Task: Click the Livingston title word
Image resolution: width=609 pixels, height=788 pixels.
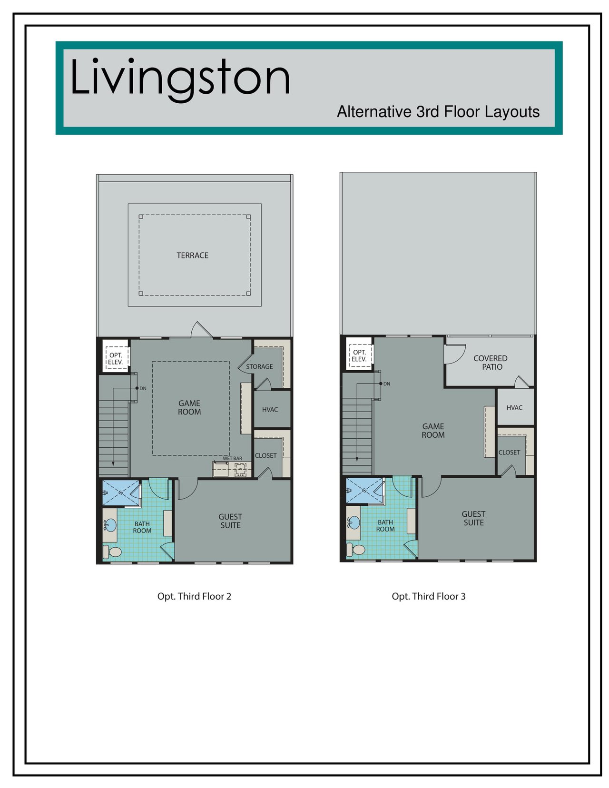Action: click(x=180, y=78)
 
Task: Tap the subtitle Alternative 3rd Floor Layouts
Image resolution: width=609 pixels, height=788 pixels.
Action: click(x=438, y=112)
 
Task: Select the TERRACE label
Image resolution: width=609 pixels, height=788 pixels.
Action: click(x=193, y=256)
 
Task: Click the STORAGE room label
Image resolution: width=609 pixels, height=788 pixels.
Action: click(x=260, y=366)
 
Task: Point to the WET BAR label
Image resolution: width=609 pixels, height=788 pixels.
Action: click(x=232, y=458)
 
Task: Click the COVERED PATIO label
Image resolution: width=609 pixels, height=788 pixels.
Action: click(x=491, y=363)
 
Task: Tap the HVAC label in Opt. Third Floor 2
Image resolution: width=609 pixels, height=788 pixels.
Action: click(x=270, y=410)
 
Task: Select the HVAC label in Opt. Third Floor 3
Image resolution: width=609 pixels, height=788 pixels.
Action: click(x=514, y=408)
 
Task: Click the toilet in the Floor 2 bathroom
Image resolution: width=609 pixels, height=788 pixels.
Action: click(x=112, y=552)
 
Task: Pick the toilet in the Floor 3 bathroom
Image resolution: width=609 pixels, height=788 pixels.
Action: click(x=355, y=550)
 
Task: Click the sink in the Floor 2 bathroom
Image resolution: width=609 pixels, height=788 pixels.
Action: click(x=110, y=524)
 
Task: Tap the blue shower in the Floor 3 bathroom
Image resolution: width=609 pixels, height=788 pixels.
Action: click(x=364, y=491)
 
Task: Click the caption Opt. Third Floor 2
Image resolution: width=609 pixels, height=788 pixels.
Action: click(x=194, y=597)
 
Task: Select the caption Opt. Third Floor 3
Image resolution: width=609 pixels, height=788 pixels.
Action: click(x=429, y=597)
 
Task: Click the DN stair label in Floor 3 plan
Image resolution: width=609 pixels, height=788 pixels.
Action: click(x=387, y=384)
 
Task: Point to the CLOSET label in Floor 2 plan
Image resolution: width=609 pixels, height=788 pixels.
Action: click(x=265, y=455)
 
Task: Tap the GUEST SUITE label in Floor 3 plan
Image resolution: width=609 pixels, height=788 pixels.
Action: click(x=473, y=518)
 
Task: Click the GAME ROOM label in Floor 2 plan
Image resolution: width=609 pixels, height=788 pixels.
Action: click(x=189, y=408)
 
